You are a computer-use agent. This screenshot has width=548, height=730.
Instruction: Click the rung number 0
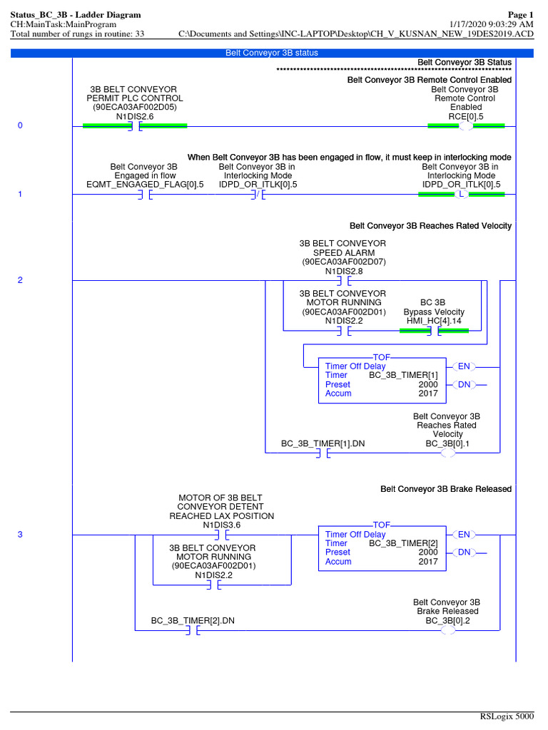click(x=20, y=125)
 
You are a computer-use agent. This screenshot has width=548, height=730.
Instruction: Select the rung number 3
click(x=20, y=535)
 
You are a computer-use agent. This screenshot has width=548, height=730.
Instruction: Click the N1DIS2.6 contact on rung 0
click(x=136, y=126)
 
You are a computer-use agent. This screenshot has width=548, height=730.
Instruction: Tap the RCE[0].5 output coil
click(x=465, y=126)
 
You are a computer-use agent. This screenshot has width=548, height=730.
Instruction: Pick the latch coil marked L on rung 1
click(x=462, y=194)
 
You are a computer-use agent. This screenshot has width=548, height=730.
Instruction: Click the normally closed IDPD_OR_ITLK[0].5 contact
click(x=258, y=195)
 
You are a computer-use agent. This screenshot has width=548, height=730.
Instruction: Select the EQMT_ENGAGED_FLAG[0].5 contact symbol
click(x=146, y=195)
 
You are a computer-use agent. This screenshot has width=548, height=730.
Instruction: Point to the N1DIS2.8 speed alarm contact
click(x=344, y=281)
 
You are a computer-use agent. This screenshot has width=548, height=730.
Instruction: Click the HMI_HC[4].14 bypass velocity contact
click(x=435, y=331)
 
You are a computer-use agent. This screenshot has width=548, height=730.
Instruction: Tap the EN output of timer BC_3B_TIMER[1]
click(x=464, y=367)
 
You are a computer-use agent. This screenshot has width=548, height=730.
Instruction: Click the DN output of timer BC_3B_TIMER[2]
click(x=464, y=552)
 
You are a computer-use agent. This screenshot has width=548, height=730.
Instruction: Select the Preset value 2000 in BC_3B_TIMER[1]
click(x=428, y=384)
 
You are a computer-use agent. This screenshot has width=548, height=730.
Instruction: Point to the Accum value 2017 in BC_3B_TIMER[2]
click(x=428, y=562)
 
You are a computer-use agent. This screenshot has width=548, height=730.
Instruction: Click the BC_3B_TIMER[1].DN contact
click(x=323, y=453)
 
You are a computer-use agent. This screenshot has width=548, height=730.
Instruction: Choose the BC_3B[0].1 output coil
click(x=448, y=453)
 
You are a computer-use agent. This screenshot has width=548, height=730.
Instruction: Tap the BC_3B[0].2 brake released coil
click(x=448, y=630)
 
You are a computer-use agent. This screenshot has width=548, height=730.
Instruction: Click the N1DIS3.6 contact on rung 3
click(x=222, y=535)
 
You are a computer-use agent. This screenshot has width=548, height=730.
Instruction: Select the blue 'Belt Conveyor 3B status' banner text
click(x=272, y=53)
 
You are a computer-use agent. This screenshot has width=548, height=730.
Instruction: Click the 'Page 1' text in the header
click(x=520, y=15)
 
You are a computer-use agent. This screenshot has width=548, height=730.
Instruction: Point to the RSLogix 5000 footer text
click(x=507, y=716)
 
